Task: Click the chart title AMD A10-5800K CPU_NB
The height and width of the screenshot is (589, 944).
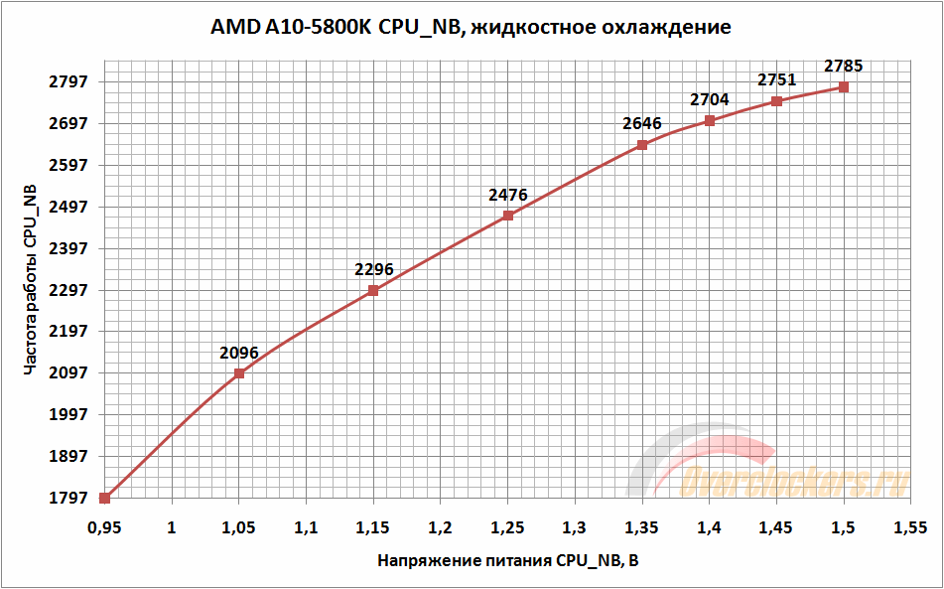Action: (471, 28)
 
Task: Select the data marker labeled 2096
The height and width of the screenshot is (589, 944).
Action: (239, 373)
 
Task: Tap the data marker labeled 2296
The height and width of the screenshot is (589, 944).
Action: (373, 291)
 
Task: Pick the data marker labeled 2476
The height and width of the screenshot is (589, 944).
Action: (508, 216)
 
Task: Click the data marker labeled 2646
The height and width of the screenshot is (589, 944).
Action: (642, 145)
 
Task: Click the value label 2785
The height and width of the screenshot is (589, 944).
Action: (844, 67)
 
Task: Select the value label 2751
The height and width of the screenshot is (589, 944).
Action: (777, 80)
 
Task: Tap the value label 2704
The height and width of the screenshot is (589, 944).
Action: (710, 99)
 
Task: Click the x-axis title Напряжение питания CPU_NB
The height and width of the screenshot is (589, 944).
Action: (508, 560)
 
